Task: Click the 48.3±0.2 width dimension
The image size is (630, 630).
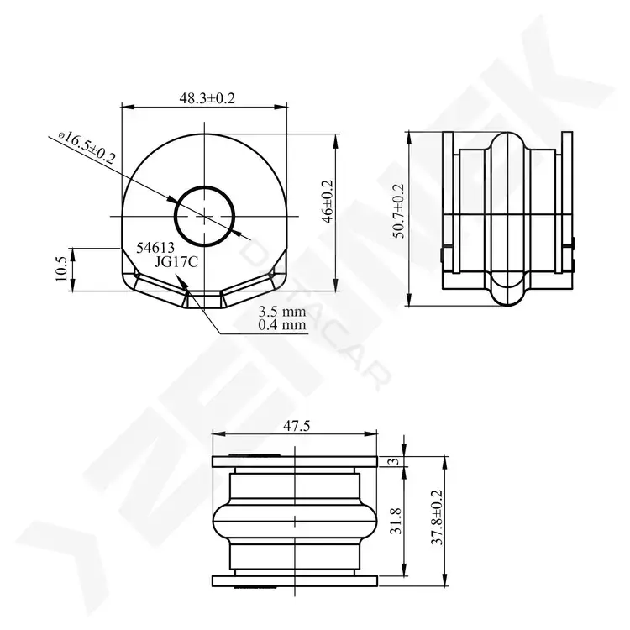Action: [207, 98]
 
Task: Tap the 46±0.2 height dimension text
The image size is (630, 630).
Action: [328, 202]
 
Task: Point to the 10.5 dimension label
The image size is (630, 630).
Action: [61, 269]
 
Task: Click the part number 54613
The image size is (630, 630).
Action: [155, 248]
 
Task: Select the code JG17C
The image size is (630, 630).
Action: [176, 262]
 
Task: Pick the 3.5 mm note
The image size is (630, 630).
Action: [282, 312]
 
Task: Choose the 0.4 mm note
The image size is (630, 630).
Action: [282, 324]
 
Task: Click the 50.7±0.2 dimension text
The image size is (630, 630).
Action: [399, 212]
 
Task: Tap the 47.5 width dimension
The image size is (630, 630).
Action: [297, 426]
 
